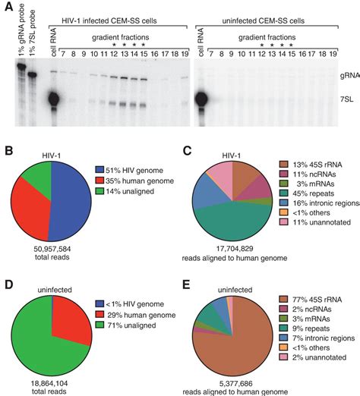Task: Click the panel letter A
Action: (x=7, y=7)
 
